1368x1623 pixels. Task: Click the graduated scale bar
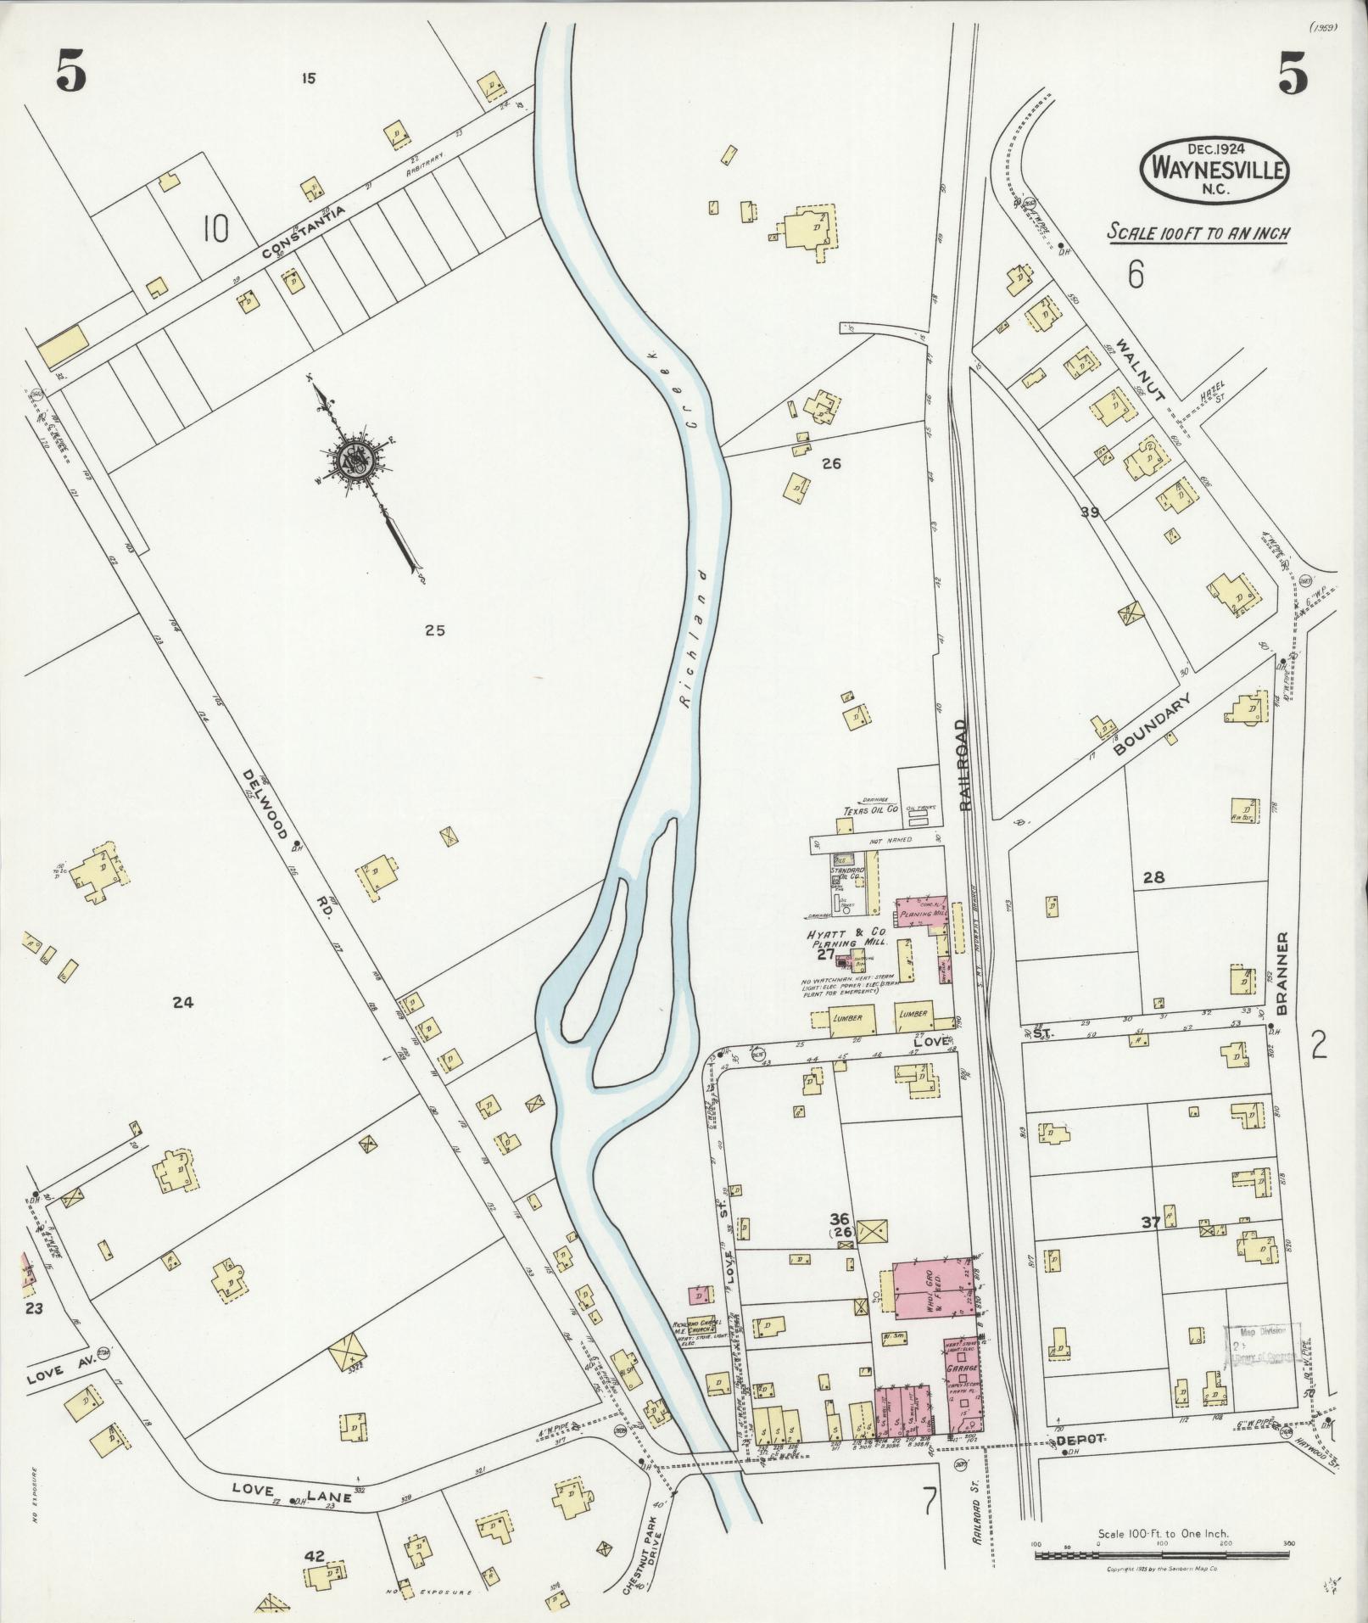1161,1556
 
